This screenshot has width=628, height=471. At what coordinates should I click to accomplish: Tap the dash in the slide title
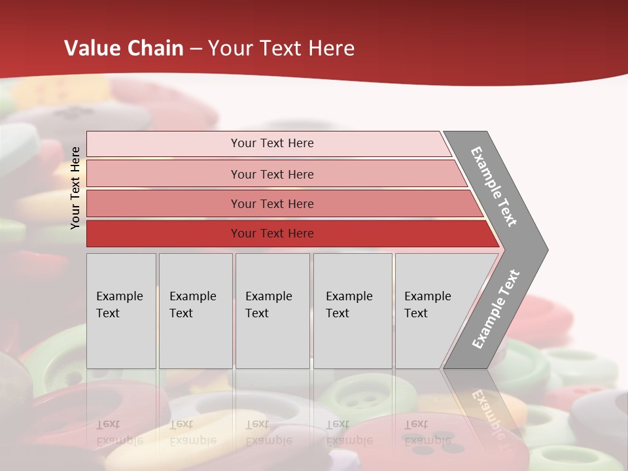(196, 49)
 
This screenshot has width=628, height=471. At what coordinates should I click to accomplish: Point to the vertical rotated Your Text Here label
(75, 188)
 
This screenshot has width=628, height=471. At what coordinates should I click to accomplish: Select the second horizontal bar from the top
(271, 174)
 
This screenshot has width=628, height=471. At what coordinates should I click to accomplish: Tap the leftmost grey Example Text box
(121, 311)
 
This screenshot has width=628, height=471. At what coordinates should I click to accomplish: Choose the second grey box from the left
(196, 311)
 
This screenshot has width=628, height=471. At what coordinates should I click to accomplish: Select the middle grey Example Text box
(272, 311)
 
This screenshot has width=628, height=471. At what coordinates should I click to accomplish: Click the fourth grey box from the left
(353, 311)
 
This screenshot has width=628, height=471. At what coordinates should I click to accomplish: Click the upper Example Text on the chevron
(494, 186)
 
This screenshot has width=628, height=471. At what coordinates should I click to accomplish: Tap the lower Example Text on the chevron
(495, 309)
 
